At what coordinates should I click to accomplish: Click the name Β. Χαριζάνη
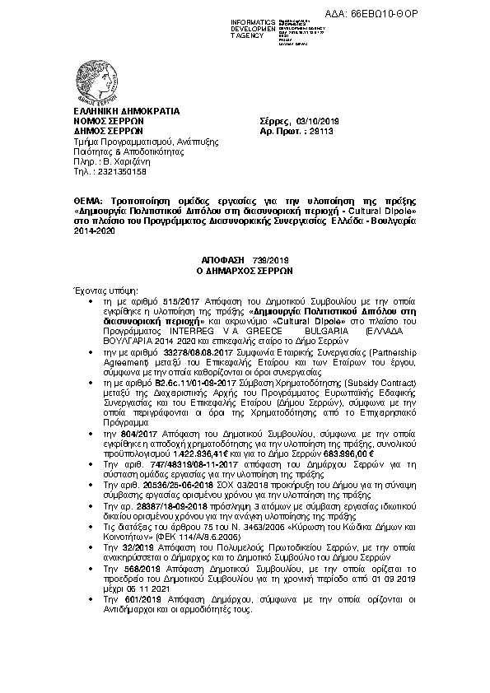(x=127, y=160)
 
